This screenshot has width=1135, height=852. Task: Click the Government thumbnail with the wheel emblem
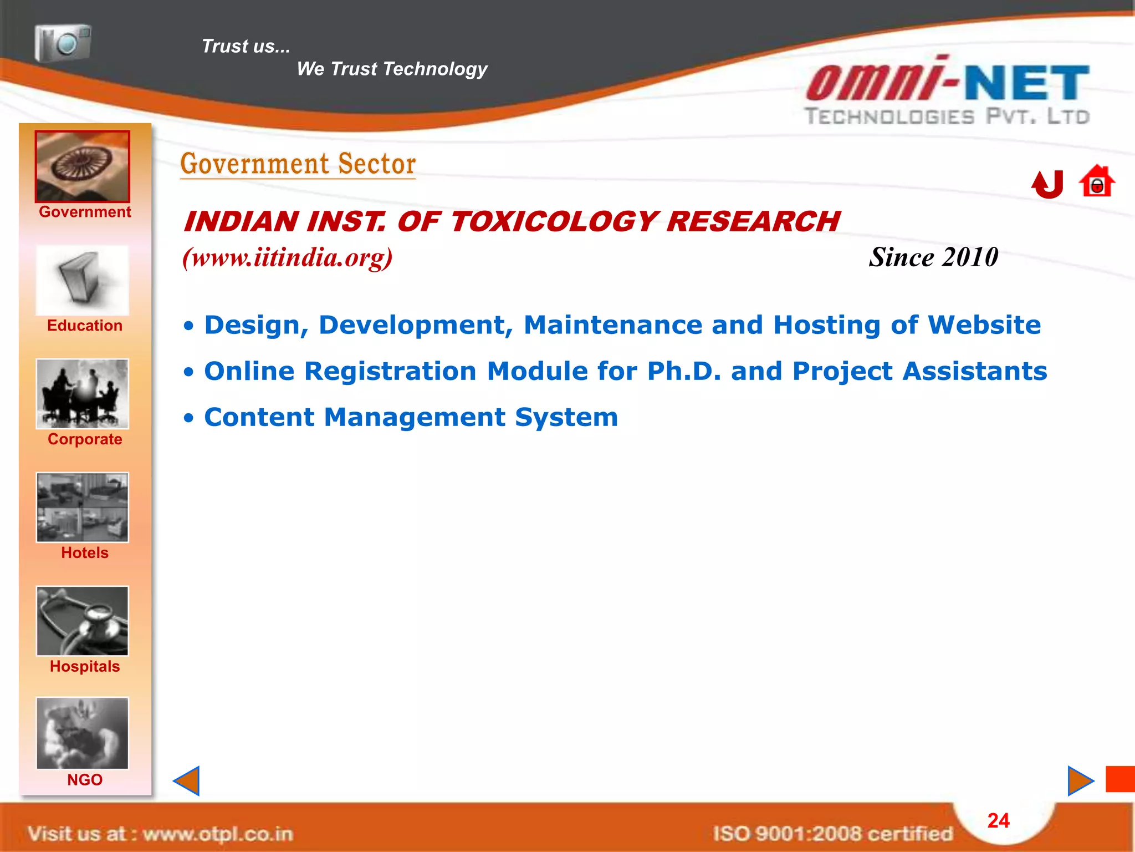click(x=83, y=166)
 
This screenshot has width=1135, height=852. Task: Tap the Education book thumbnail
click(x=83, y=281)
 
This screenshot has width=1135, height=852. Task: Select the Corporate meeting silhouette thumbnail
click(x=83, y=394)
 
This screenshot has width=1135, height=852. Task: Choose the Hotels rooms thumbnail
click(x=83, y=507)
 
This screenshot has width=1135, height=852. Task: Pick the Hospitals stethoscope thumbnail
click(x=83, y=621)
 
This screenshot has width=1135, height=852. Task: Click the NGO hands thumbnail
click(x=83, y=733)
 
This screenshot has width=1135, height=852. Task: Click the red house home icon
click(x=1096, y=182)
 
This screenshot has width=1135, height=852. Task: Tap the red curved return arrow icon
click(x=1047, y=184)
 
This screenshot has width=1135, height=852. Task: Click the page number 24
click(x=998, y=820)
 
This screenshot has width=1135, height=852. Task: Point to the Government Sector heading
click(x=298, y=164)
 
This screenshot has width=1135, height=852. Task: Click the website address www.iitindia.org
click(x=288, y=257)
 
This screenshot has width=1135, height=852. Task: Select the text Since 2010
click(x=933, y=257)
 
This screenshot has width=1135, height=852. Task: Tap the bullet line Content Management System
click(x=411, y=417)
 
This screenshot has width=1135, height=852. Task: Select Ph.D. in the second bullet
click(x=684, y=371)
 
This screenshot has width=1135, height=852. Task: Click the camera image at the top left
click(x=63, y=43)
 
